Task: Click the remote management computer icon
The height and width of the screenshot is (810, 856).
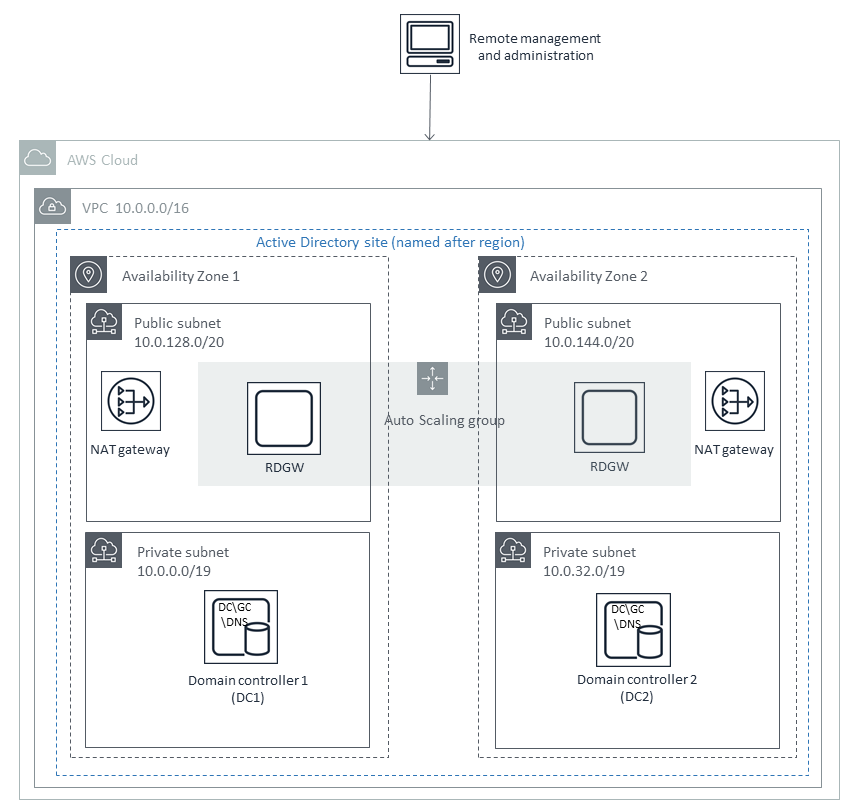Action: point(430,42)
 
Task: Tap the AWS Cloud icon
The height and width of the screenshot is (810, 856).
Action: point(37,159)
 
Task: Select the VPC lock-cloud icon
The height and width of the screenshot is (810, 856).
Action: point(51,207)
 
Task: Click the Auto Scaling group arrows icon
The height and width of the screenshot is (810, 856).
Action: point(432,379)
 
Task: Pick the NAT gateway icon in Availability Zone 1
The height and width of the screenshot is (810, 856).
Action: point(130,402)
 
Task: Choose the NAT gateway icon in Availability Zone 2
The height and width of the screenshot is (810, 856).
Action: point(734,402)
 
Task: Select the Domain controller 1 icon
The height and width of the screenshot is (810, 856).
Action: point(241,627)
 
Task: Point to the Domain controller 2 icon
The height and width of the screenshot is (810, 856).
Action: point(634,627)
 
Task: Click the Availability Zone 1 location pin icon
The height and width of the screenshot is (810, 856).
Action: point(89,275)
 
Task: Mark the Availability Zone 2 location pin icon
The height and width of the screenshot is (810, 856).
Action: point(497,275)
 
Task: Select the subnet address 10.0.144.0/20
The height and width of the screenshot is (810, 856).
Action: point(589,342)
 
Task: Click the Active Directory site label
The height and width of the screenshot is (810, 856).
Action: point(390,242)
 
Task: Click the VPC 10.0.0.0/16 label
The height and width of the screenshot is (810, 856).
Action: point(136,208)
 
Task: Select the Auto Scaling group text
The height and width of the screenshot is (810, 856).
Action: point(445,420)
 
